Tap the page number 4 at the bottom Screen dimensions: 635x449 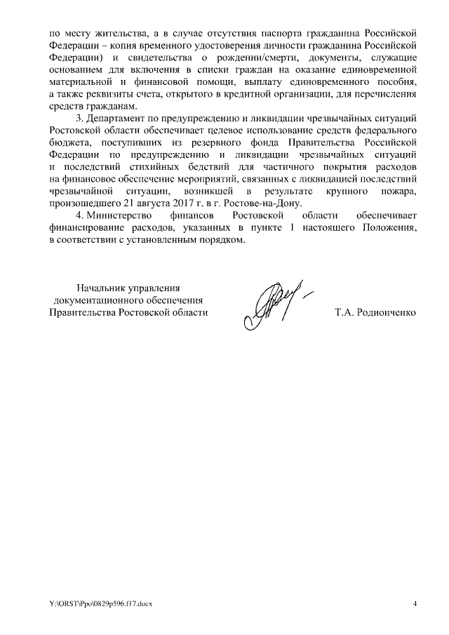click(415, 604)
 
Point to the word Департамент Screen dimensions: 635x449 click(115, 118)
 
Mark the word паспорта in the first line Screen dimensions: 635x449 click(259, 33)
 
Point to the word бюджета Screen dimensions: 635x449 click(69, 142)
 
